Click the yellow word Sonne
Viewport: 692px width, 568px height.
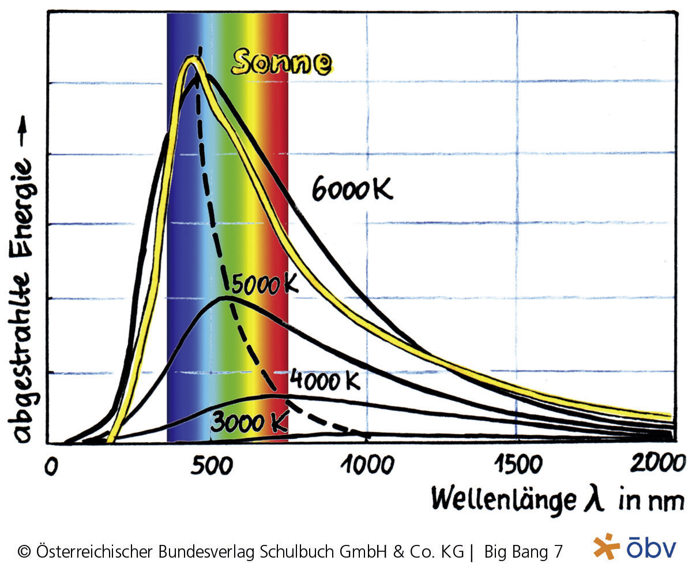click(281, 63)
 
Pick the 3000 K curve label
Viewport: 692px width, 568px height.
click(249, 423)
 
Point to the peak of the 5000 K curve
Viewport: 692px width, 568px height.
click(226, 297)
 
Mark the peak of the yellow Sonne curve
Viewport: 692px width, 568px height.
click(190, 58)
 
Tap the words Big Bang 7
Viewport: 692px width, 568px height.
click(522, 551)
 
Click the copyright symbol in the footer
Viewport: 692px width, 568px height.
click(24, 552)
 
